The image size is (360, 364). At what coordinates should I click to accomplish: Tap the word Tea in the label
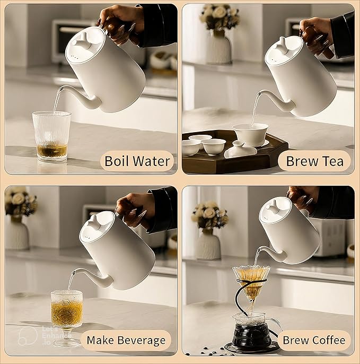pyautogui.click(x=333, y=161)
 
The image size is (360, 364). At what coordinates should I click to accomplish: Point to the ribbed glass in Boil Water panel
pyautogui.click(x=52, y=136)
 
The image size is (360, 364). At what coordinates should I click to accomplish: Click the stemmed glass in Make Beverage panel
pyautogui.click(x=67, y=317)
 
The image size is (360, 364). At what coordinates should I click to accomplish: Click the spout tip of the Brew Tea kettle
pyautogui.click(x=259, y=94)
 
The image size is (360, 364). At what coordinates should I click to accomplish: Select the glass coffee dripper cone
pyautogui.click(x=251, y=283)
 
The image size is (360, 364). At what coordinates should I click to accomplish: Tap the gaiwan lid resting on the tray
pyautogui.click(x=241, y=150)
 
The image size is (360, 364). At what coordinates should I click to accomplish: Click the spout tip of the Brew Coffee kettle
pyautogui.click(x=258, y=249)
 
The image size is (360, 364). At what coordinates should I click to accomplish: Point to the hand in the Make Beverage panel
pyautogui.click(x=135, y=210)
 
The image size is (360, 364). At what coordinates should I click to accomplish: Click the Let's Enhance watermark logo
pyautogui.click(x=28, y=335)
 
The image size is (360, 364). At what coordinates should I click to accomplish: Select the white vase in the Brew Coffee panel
pyautogui.click(x=208, y=244)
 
